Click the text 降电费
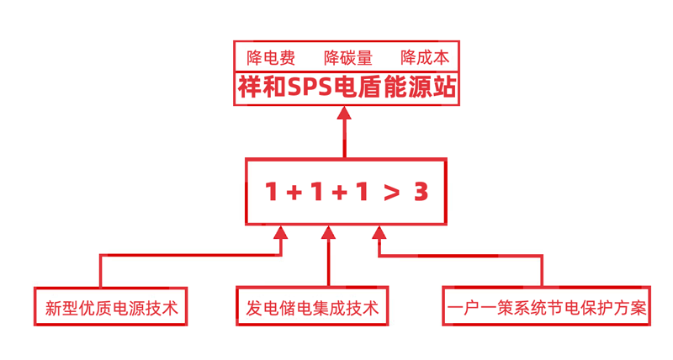click(x=271, y=57)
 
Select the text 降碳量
click(x=348, y=57)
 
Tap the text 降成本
click(x=425, y=57)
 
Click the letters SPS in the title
click(x=310, y=87)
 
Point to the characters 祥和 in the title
click(x=262, y=87)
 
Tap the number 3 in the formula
click(x=421, y=192)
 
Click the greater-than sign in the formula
click(x=391, y=193)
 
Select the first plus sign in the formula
click(x=294, y=193)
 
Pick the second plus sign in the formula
click(x=340, y=193)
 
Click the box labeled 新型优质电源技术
click(x=111, y=306)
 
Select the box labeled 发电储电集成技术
click(x=312, y=306)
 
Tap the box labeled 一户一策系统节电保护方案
click(x=546, y=306)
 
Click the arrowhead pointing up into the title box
click(x=344, y=113)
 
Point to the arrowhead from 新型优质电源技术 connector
click(x=281, y=232)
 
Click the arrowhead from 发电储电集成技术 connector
click(x=328, y=232)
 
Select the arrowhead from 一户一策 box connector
click(x=379, y=232)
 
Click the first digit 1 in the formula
click(x=271, y=192)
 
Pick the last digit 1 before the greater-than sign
click(x=362, y=192)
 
